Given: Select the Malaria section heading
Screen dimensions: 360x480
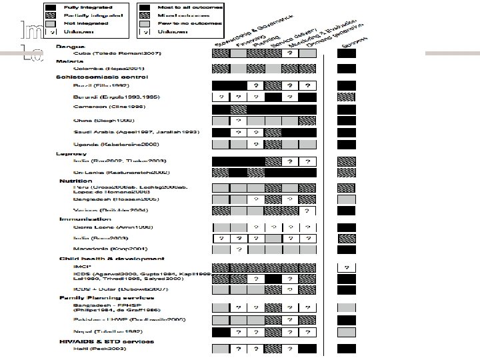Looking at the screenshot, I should pyautogui.click(x=67, y=61).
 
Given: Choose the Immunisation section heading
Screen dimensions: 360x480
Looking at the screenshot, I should pyautogui.click(x=85, y=219).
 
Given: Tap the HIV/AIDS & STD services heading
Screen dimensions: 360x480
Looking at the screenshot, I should pyautogui.click(x=107, y=341).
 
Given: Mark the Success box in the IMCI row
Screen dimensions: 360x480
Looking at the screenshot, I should pyautogui.click(x=346, y=267).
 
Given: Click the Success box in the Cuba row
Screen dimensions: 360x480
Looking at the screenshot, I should pyautogui.click(x=346, y=53).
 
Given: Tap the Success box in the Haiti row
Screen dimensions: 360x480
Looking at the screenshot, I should pyautogui.click(x=346, y=349).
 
